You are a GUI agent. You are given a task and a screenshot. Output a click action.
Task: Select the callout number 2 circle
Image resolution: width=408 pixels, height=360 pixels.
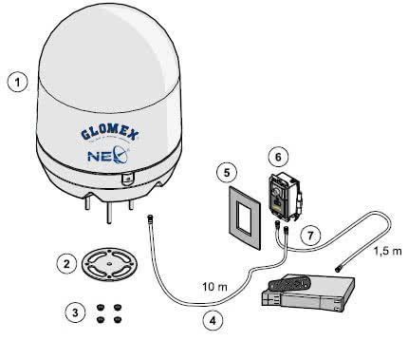[x=65, y=263]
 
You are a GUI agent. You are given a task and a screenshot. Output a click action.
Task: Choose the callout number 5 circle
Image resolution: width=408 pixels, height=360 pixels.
[x=223, y=173]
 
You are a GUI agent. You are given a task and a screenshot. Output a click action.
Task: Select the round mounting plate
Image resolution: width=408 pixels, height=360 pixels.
[x=113, y=262]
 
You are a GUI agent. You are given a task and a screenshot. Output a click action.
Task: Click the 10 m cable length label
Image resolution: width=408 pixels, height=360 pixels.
[x=215, y=284]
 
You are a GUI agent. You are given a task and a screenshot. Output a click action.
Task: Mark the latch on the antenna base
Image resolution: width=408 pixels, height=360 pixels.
[x=126, y=178]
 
